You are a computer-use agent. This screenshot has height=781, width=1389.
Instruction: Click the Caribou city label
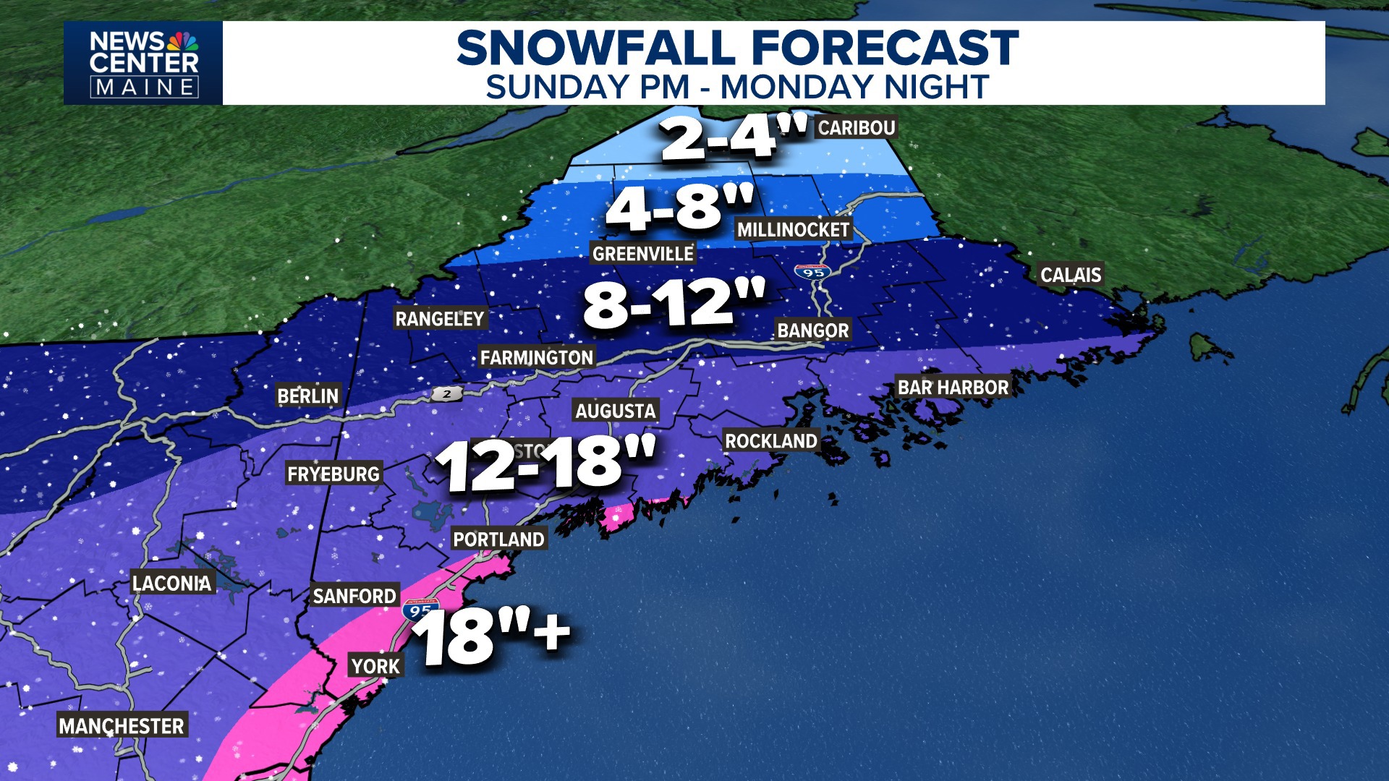pos(857,128)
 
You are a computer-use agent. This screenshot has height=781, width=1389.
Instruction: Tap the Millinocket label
pos(793,230)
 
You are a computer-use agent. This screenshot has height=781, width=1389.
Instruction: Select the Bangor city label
pos(812,330)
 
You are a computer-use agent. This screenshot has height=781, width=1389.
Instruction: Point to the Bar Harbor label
pos(953,388)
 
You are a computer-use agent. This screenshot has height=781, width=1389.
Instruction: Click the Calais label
pos(1071,275)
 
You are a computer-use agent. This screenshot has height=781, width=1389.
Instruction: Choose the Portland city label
pos(498,539)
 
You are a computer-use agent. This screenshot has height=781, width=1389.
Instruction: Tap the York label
pos(375,666)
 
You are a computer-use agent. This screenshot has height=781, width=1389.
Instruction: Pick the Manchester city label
pos(122,726)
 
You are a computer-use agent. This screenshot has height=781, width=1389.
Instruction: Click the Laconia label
pos(172,584)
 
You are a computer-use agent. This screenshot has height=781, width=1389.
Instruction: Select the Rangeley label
pos(439,319)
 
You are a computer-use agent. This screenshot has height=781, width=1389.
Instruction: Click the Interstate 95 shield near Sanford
pos(420,610)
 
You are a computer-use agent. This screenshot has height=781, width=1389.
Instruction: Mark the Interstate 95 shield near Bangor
pos(812,272)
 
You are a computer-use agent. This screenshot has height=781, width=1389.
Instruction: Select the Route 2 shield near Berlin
pos(447,394)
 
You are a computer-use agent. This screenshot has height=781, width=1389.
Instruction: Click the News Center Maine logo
pos(143,64)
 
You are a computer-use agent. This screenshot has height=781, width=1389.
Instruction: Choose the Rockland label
pos(770,441)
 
